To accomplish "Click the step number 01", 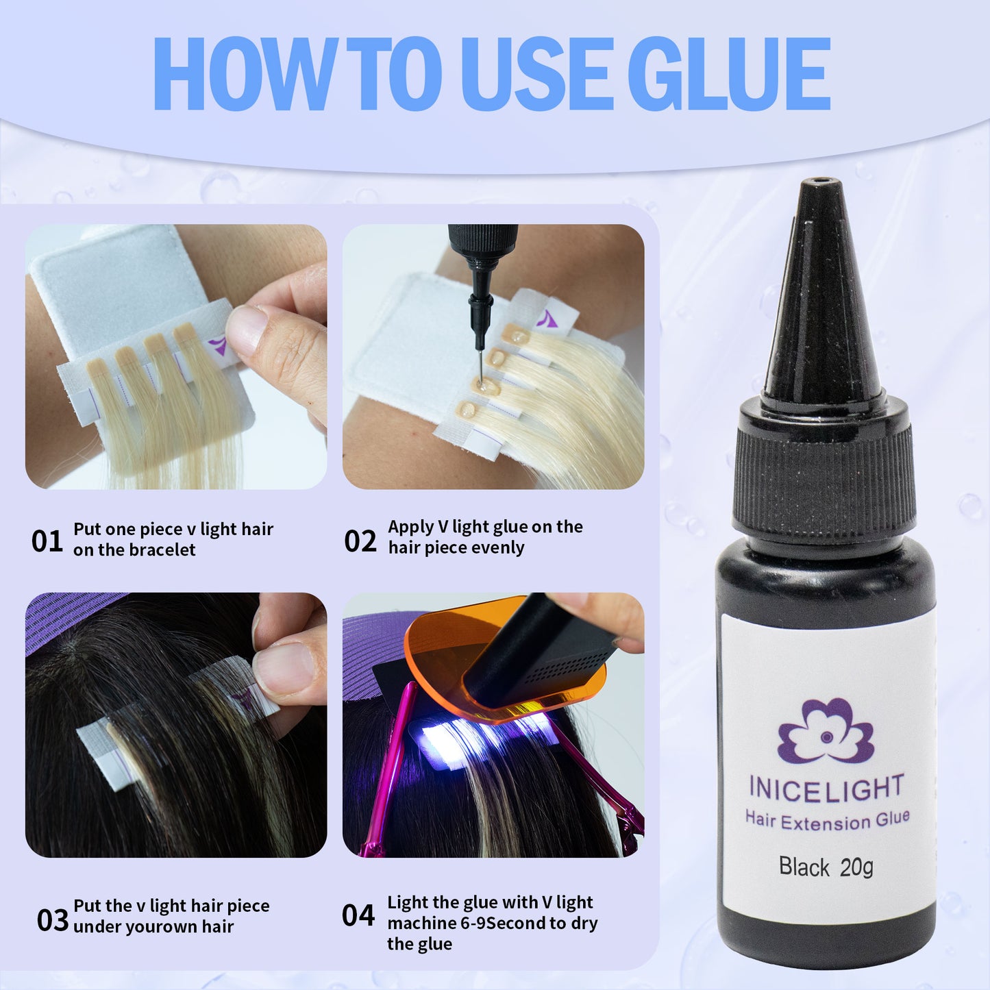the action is [47, 541].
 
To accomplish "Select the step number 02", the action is [360, 541].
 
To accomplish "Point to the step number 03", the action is [52, 920].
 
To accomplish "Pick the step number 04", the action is [358, 915].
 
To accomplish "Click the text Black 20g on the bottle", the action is [826, 867].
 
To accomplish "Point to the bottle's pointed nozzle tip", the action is [821, 182].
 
